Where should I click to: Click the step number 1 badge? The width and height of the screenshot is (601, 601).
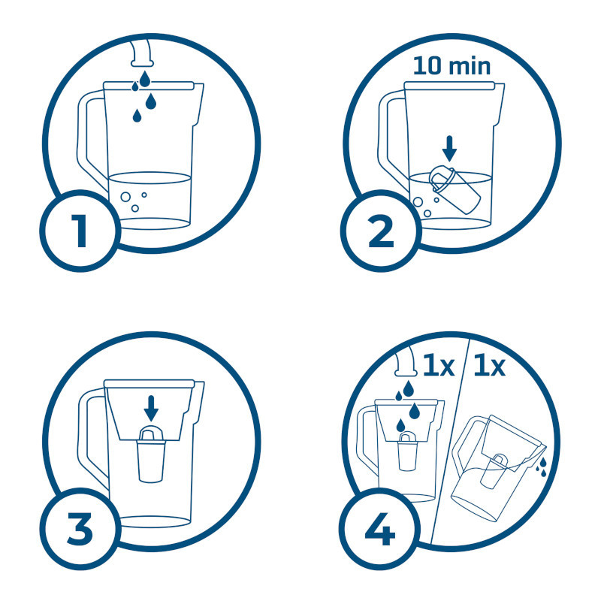[80, 231]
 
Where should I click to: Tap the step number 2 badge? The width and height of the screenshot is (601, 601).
[381, 231]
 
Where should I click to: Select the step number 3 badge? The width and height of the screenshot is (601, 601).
[80, 529]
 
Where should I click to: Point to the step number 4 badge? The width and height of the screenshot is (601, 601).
[380, 529]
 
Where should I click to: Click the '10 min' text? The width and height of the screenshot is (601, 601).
[452, 66]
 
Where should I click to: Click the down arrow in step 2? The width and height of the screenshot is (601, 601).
[449, 149]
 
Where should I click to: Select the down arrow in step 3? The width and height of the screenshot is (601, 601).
[151, 408]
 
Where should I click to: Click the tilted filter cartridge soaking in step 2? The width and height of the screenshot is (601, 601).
[455, 189]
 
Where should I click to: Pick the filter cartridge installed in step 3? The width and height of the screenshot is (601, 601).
[152, 454]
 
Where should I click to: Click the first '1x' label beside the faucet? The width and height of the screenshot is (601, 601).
[439, 366]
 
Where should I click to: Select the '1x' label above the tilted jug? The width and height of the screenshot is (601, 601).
[490, 366]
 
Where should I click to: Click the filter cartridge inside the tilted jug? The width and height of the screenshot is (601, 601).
[495, 473]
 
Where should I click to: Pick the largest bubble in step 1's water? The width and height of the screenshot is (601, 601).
[125, 197]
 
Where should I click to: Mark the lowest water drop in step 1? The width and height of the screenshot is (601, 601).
[137, 116]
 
